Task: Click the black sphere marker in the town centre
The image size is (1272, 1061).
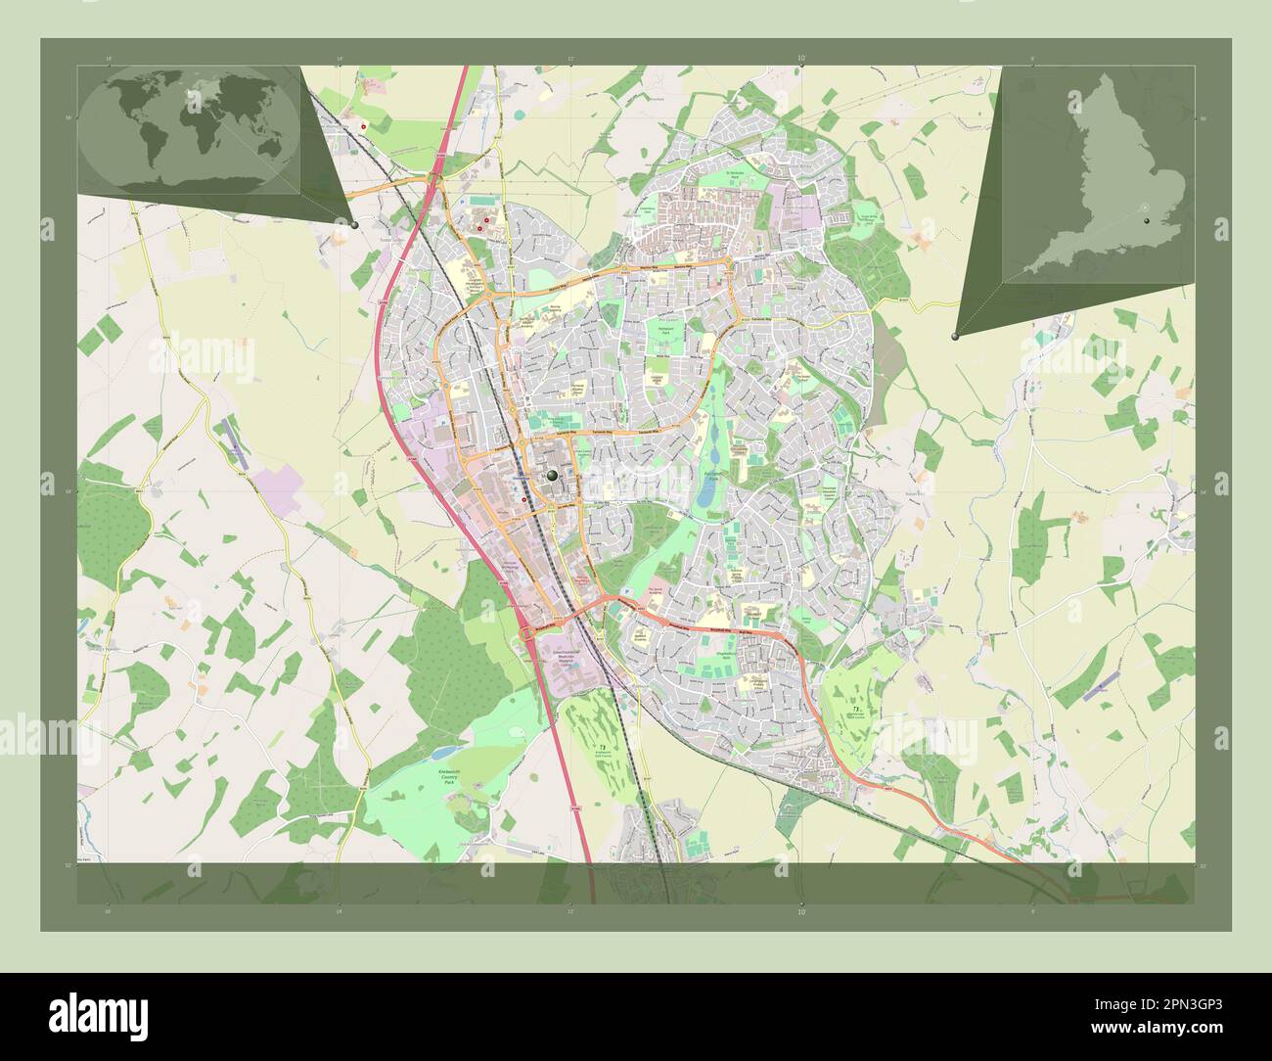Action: point(553,476)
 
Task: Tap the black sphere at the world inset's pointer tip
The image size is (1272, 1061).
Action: point(354,224)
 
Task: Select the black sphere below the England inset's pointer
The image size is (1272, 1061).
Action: point(955,336)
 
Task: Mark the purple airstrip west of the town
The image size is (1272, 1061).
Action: point(236,441)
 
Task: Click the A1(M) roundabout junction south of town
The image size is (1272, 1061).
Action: point(528,635)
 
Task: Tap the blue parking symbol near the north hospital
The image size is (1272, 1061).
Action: point(463,201)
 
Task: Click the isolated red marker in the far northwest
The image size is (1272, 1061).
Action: point(363,127)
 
